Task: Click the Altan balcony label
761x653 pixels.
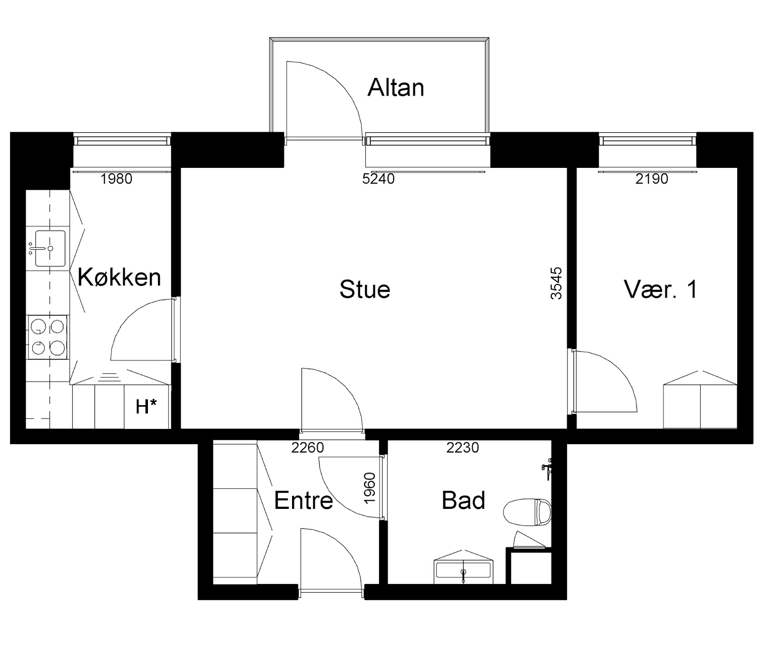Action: (x=396, y=88)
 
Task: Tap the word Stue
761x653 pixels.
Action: (x=365, y=290)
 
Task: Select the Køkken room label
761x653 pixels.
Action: (x=119, y=277)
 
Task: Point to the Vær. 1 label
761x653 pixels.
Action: (x=661, y=289)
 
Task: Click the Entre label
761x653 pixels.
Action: (x=303, y=500)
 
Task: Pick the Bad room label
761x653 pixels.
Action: (x=463, y=500)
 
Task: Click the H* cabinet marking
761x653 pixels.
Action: (x=146, y=407)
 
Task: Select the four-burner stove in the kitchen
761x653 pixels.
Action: (x=48, y=337)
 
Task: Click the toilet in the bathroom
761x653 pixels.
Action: (x=527, y=512)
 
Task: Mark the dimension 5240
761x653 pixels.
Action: (x=379, y=179)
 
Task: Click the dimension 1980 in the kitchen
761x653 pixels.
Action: (x=117, y=179)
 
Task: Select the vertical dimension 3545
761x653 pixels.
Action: (x=556, y=283)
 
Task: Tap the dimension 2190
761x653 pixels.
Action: (x=652, y=179)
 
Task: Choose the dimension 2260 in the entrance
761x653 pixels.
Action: (x=308, y=448)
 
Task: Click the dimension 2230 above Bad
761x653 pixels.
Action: (x=463, y=448)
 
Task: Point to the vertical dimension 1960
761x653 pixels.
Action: (x=370, y=488)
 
